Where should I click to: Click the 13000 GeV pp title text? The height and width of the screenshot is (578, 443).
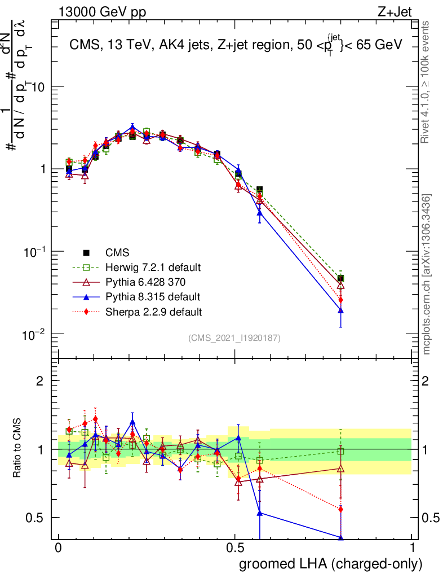pos(102,13)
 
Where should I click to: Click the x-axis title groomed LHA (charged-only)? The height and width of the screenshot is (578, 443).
pos(331,564)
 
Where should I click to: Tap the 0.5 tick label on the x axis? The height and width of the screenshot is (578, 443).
pos(235,548)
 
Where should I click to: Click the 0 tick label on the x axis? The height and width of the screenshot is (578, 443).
pos(58,548)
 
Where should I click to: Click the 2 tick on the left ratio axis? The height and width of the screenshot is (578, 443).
pos(40,381)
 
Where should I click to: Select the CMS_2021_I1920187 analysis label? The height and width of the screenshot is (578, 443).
pos(234,338)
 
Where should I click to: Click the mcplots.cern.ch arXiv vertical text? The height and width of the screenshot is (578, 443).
pos(427,274)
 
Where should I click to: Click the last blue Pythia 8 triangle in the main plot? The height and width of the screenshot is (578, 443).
pos(340,310)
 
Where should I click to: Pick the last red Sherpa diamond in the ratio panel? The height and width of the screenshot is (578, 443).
pos(340,509)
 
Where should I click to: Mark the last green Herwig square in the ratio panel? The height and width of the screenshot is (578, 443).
pos(340,451)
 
